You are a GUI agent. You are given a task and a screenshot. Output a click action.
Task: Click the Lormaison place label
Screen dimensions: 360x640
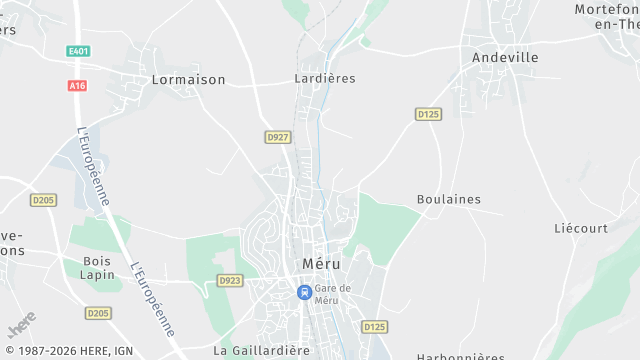tap(187, 79)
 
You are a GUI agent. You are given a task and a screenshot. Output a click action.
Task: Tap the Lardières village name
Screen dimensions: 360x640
tap(325, 78)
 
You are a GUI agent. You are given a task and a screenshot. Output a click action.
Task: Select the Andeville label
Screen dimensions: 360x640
tap(505, 57)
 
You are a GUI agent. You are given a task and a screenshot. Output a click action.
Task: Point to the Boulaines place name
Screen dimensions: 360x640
tap(448, 199)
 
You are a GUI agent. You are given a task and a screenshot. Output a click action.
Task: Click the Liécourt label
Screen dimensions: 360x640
tap(581, 228)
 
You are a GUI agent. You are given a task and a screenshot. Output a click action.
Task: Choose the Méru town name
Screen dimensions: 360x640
tap(321, 264)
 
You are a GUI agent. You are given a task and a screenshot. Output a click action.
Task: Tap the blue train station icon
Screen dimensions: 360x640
tap(304, 292)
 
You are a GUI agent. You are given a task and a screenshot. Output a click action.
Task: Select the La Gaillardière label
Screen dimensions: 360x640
tap(262, 351)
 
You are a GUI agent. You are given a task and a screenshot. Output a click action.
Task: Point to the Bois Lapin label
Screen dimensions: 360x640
tap(98, 268)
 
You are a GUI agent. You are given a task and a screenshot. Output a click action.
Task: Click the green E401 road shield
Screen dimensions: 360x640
tap(78, 51)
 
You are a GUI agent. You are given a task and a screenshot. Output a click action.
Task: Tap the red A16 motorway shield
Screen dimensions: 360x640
tap(78, 86)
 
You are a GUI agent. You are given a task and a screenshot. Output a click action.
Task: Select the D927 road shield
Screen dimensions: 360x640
tap(277, 136)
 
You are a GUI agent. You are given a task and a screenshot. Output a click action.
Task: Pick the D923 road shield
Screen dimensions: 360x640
tap(230, 281)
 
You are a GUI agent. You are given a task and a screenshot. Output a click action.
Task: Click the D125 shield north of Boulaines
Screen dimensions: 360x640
tap(428, 114)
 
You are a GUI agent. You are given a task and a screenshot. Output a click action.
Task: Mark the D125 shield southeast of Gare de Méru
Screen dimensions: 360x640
tap(374, 326)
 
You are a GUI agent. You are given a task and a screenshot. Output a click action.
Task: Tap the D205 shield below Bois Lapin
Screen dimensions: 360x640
tap(98, 313)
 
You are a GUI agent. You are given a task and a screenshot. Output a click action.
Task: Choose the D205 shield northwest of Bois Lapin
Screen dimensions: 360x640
tap(42, 200)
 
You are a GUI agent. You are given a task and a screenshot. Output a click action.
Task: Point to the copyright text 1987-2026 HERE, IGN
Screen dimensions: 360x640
tap(67, 351)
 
